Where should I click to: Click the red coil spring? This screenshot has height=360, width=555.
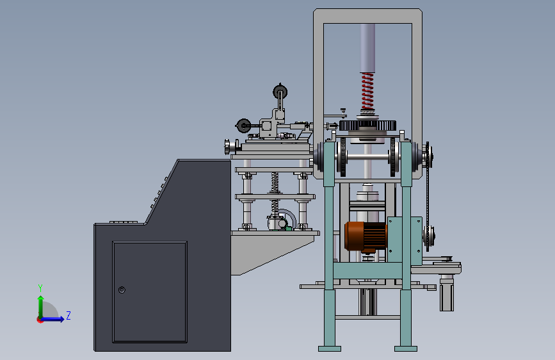[x=367, y=91]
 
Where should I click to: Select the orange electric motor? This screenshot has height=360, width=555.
[x=366, y=237]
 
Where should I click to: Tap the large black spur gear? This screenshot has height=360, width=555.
[x=367, y=126]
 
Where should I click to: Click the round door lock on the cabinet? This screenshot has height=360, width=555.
[x=122, y=290]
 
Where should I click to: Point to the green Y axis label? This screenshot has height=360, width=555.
[x=40, y=288]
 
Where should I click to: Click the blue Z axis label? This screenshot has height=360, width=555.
[x=68, y=315]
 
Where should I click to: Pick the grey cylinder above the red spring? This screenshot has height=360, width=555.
[x=367, y=48]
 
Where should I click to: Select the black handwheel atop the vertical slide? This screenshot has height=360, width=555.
[x=280, y=92]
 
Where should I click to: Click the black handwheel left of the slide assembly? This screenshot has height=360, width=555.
[x=243, y=126]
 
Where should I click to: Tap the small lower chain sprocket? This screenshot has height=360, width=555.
[x=429, y=236]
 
